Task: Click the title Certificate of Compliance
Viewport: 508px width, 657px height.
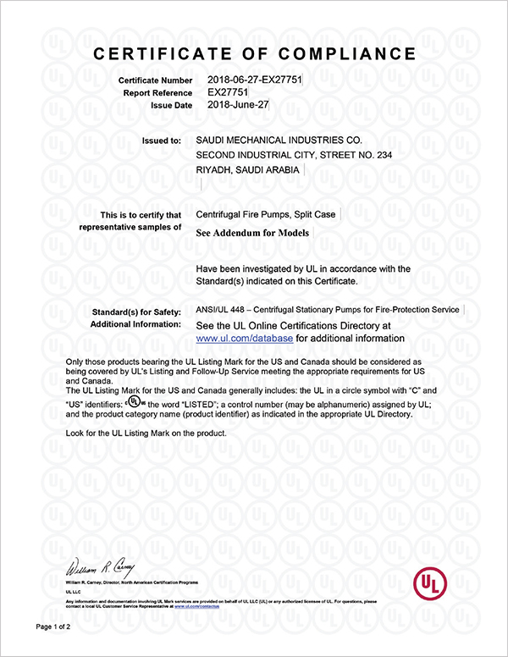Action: click(254, 54)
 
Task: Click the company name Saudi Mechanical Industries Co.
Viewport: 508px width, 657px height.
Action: click(279, 141)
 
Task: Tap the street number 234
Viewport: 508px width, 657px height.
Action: click(379, 156)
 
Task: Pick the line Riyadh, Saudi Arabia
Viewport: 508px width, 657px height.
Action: click(247, 171)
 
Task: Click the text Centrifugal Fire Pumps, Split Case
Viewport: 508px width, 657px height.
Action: click(265, 215)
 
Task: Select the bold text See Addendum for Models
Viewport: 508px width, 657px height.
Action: click(253, 231)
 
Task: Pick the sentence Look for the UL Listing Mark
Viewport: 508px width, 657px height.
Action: click(146, 433)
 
